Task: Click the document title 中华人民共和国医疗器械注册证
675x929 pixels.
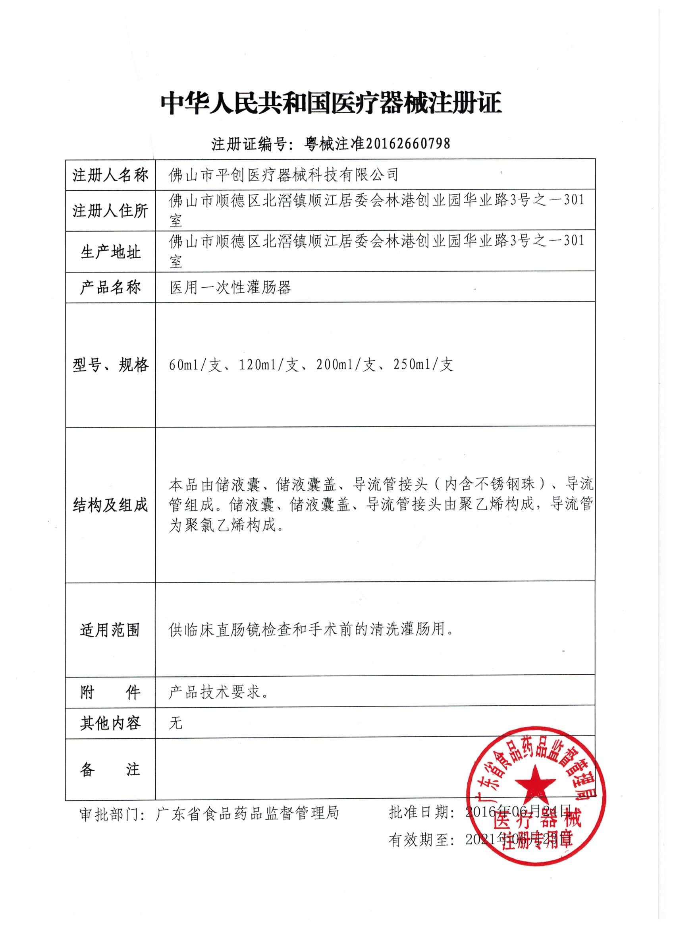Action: tap(331, 103)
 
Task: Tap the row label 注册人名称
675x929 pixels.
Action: tap(110, 175)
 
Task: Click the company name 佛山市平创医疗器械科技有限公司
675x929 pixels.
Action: tap(283, 175)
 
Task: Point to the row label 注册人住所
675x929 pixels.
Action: tap(110, 211)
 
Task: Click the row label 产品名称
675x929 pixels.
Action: tap(110, 288)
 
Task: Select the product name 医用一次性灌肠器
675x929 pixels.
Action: tap(230, 288)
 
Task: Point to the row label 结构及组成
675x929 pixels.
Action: tap(110, 505)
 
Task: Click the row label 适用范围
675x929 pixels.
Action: tap(110, 629)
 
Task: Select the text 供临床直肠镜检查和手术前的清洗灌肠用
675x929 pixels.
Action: tap(311, 629)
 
